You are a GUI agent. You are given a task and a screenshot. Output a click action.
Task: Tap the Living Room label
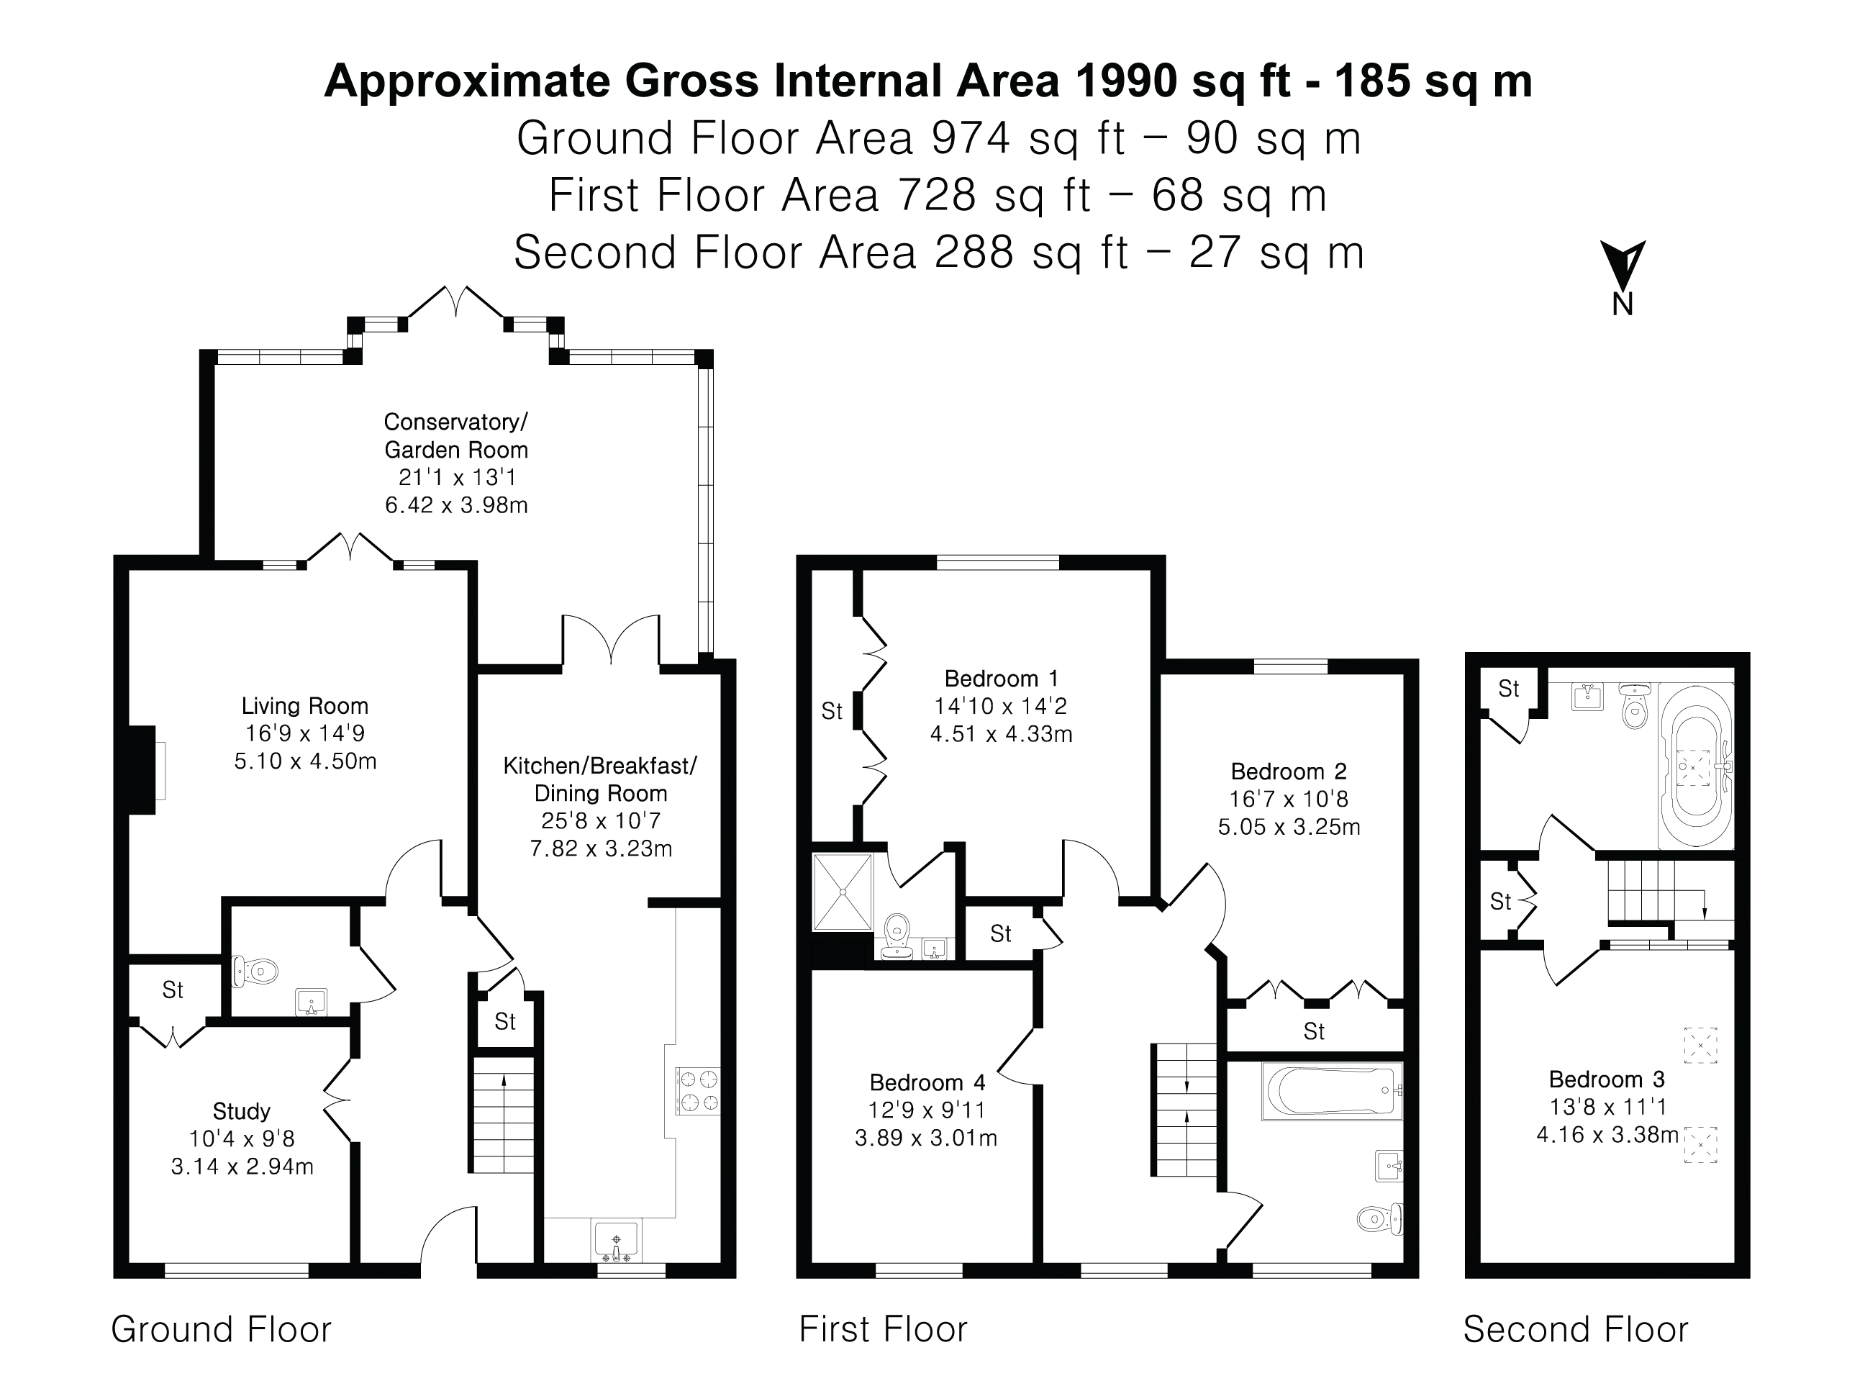(304, 706)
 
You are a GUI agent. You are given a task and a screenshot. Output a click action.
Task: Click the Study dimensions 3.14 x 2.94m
(242, 1167)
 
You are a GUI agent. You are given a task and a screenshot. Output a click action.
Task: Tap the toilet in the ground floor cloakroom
(255, 972)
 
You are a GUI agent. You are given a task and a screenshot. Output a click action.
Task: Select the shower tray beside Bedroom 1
(841, 892)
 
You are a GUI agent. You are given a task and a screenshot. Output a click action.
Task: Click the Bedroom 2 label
(1288, 771)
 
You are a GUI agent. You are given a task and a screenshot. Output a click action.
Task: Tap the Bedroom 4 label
(927, 1083)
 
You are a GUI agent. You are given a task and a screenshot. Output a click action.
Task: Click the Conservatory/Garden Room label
(456, 435)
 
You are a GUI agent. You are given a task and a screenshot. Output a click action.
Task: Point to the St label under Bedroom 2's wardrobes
(1314, 1031)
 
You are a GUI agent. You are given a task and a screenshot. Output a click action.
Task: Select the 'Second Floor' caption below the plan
(1575, 1329)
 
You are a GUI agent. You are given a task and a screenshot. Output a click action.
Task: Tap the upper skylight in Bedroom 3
(1700, 1045)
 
